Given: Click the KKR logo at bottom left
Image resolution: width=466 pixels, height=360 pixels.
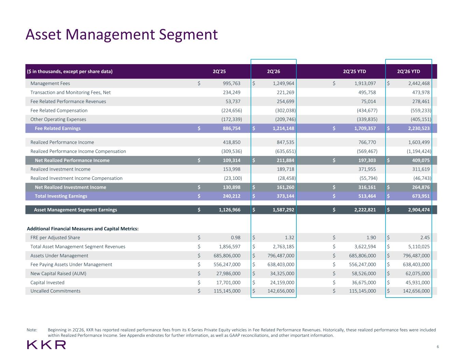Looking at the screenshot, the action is tap(46, 345).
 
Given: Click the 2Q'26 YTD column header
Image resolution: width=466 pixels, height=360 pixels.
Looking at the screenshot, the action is tap(408, 71).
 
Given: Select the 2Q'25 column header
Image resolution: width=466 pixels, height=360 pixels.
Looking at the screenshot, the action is tap(219, 71).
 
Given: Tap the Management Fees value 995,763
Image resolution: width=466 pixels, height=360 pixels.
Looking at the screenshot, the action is tap(231, 83).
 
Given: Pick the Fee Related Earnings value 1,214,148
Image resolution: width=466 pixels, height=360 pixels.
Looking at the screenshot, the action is tap(283, 128).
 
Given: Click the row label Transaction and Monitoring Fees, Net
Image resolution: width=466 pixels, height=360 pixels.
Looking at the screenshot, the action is tap(71, 92).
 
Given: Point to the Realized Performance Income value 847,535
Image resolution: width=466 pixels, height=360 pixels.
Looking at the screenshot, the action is tap(285, 142).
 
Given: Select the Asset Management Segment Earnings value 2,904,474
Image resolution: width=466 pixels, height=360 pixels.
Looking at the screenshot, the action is tap(419, 210).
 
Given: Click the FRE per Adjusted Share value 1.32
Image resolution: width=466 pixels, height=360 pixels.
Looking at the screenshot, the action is tap(290, 237).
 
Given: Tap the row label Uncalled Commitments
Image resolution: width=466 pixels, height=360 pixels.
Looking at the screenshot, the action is tap(55, 291).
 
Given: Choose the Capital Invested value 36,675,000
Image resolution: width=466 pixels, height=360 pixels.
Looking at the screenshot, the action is tap(364, 283).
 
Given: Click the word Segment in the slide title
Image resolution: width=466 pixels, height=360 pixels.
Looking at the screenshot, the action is tap(188, 35).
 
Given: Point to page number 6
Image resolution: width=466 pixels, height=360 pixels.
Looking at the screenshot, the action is tap(438, 347).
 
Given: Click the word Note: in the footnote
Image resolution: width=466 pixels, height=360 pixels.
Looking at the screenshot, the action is tap(32, 330).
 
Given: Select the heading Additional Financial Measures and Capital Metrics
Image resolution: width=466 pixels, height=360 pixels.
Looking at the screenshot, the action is tap(83, 229).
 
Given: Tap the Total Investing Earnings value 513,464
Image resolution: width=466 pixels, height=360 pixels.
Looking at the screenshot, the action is tap(367, 196).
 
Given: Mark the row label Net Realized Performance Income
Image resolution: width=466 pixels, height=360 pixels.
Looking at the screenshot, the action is tap(72, 160).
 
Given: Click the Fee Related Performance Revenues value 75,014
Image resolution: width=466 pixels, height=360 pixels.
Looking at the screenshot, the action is tap(368, 101).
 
